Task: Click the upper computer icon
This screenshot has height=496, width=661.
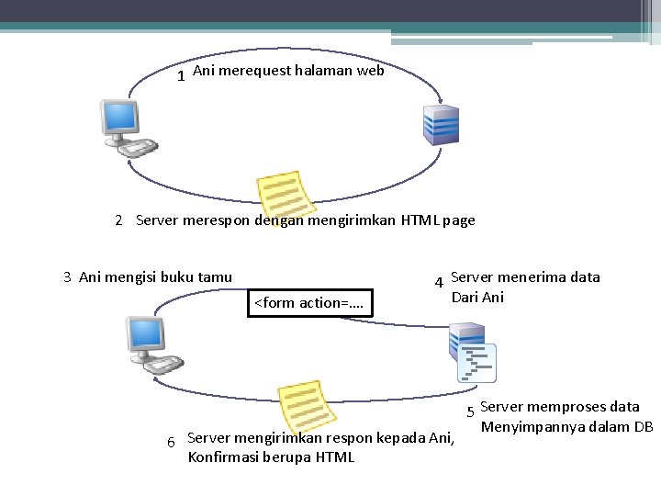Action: tap(124, 128)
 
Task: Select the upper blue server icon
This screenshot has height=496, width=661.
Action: tap(440, 124)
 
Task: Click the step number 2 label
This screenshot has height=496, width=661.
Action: tap(118, 220)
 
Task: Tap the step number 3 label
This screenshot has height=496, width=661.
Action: tap(67, 276)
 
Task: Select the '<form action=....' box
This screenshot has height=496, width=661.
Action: tap(310, 302)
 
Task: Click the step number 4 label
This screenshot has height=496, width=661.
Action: tap(439, 282)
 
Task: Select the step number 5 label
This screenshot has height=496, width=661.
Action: tap(470, 411)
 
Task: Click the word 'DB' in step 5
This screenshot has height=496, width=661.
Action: tap(643, 426)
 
